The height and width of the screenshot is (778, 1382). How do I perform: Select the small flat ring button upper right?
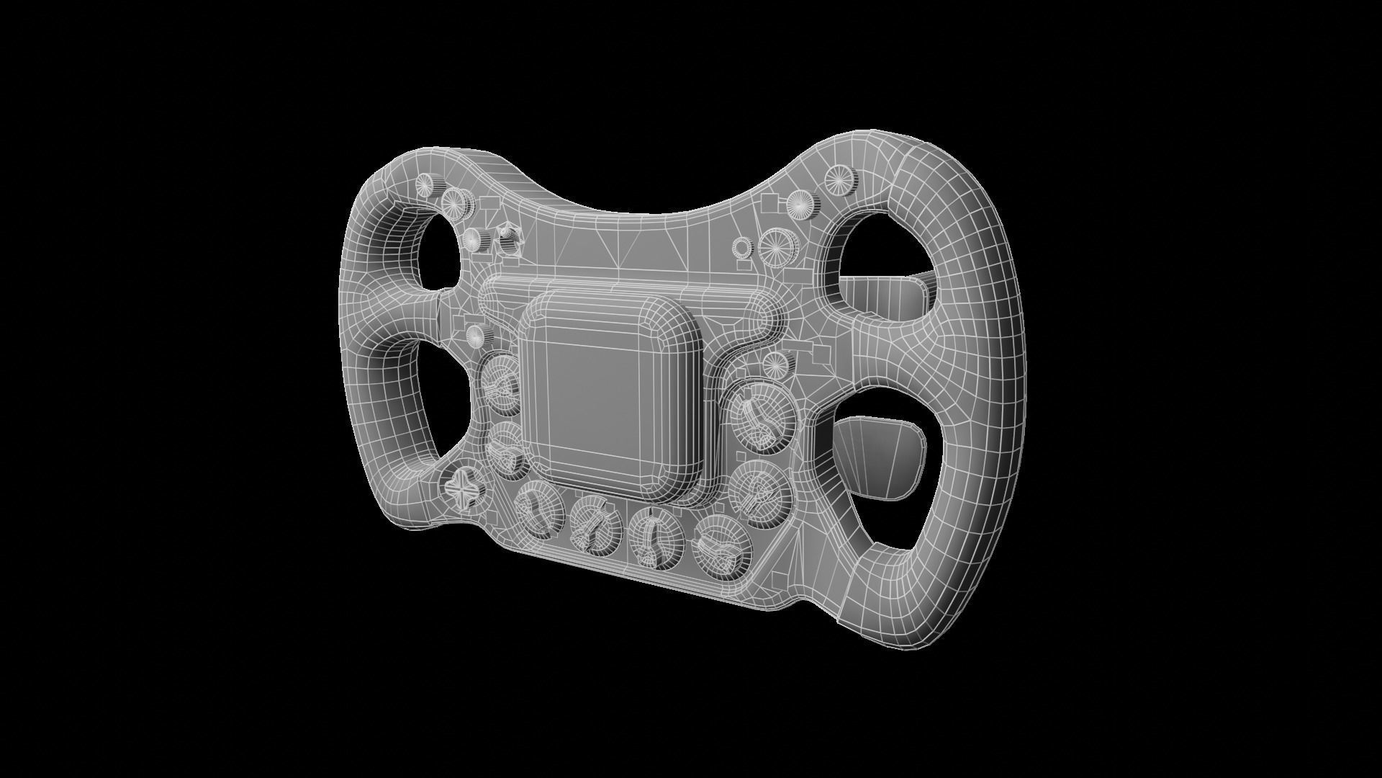click(741, 247)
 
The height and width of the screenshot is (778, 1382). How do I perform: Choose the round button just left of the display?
click(475, 334)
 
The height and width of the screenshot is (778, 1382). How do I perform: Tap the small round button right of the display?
click(774, 363)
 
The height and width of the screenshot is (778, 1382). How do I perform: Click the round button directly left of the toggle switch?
click(472, 239)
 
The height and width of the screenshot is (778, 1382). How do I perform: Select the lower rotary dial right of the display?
click(760, 487)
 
